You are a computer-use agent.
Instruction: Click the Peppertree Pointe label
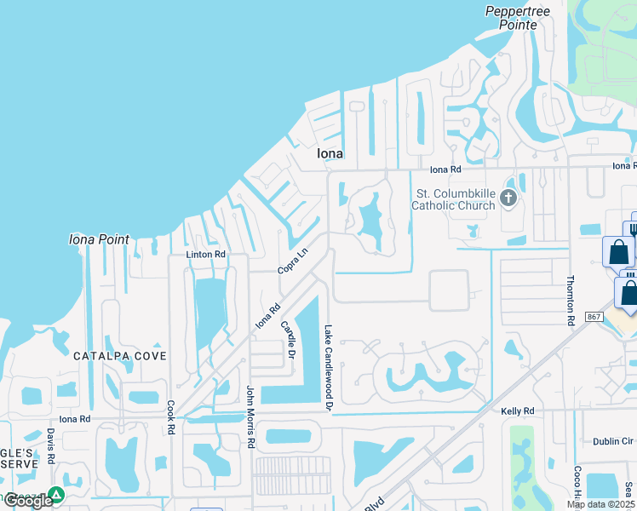(x=512, y=18)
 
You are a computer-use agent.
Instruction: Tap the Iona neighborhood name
(x=330, y=154)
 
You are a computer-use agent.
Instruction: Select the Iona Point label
(x=99, y=239)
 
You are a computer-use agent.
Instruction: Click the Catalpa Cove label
(x=119, y=355)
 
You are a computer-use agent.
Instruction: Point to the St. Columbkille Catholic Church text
(x=453, y=199)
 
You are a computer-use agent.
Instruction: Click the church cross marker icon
(x=508, y=198)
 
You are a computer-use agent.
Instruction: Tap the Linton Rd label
(x=206, y=255)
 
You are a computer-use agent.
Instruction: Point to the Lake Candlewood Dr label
(x=327, y=368)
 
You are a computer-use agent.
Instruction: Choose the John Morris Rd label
(x=250, y=417)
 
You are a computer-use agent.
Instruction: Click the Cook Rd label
(x=171, y=417)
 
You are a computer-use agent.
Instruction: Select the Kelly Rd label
(x=517, y=411)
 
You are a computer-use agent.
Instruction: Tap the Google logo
(x=28, y=501)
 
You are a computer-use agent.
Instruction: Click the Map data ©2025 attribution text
(x=600, y=504)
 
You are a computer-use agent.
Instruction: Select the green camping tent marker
(x=56, y=495)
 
